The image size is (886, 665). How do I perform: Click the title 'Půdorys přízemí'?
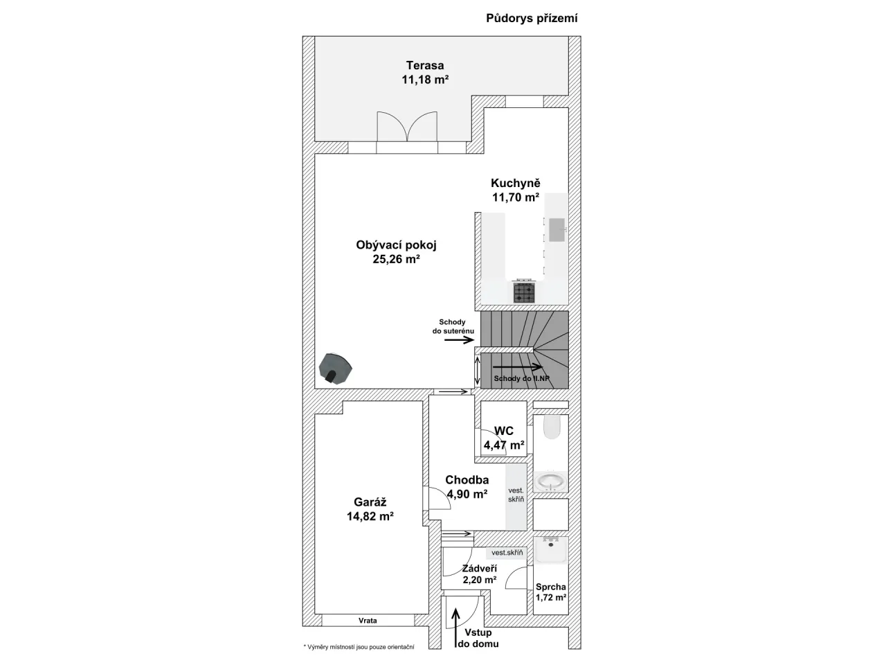point(532,19)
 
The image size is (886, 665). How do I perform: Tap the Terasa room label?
point(424,65)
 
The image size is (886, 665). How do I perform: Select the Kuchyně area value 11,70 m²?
point(516,197)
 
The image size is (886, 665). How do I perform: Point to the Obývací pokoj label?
point(396,245)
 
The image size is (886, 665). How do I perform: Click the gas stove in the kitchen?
point(524,291)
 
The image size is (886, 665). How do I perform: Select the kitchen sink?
point(557,230)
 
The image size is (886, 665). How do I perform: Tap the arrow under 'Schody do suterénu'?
point(459,340)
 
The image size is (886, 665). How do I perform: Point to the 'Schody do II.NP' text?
point(521,378)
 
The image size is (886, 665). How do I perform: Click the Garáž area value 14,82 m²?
point(370,516)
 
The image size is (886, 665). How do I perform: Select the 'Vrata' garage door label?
point(368,620)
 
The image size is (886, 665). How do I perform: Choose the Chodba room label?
point(467,479)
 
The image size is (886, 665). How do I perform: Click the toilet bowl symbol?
point(552,427)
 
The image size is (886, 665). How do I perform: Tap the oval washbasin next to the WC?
point(550,481)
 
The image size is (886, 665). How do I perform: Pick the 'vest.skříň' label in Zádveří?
point(507,553)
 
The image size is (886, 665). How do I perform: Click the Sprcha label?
point(550,587)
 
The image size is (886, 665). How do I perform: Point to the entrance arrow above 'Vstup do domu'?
point(455,627)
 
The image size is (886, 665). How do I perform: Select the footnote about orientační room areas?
point(359,647)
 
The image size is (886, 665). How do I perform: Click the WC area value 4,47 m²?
point(504,445)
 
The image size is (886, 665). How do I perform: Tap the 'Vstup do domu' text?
point(478,638)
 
